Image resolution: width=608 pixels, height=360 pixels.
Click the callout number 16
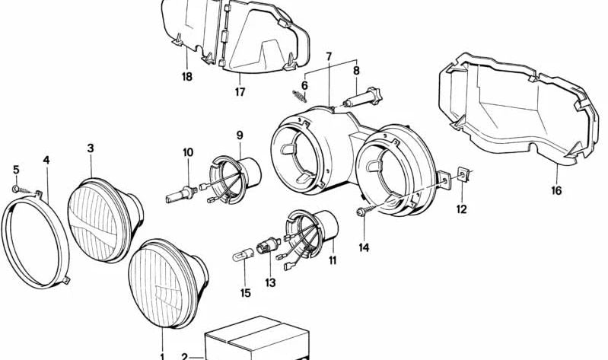[556, 190]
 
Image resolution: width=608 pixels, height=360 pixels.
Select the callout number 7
[329, 57]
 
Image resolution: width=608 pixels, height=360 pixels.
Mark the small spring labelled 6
[299, 96]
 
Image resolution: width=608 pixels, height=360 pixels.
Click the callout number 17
[240, 94]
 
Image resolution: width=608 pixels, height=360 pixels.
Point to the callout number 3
[90, 148]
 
